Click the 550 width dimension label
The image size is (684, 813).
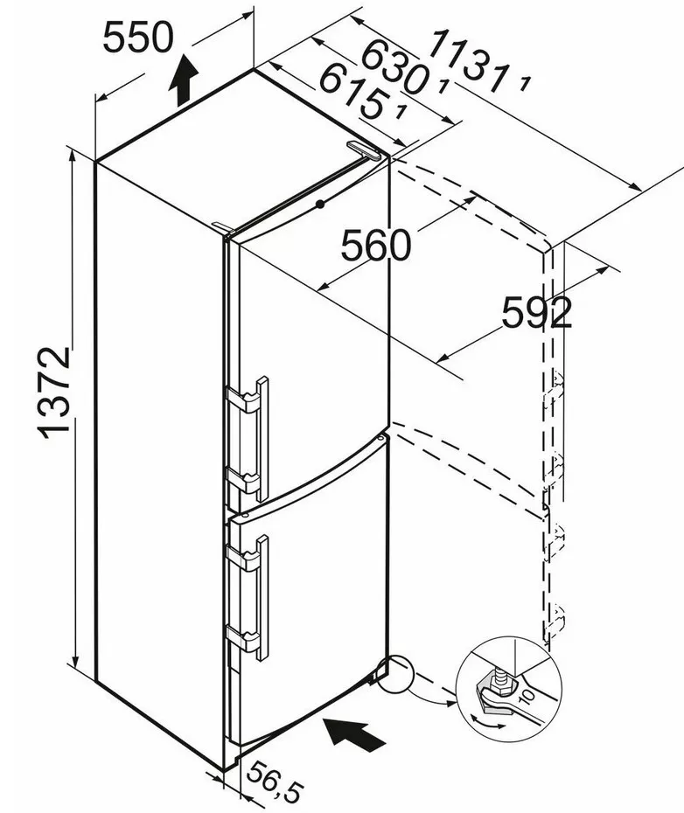coord(138,37)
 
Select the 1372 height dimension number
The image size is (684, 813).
coord(53,392)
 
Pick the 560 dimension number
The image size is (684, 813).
coord(375,246)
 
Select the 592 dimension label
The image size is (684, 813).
coord(536,312)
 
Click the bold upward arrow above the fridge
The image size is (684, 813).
coord(184,80)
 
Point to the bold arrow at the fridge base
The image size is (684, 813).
coord(354,731)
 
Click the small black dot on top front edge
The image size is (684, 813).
coord(320,205)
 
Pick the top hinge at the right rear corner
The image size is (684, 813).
coord(366,151)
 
